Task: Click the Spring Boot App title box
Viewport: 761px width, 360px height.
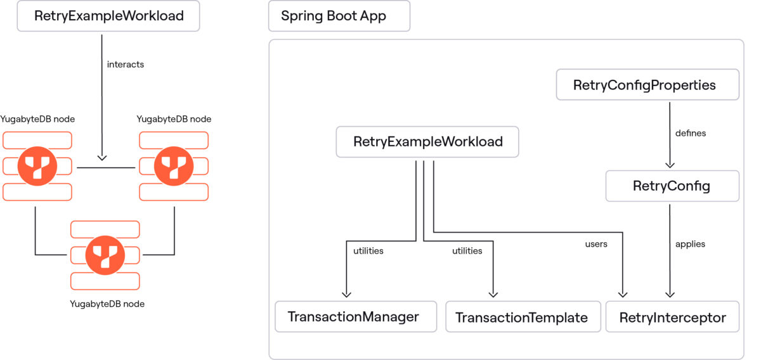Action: click(339, 16)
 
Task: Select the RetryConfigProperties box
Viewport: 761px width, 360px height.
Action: click(647, 85)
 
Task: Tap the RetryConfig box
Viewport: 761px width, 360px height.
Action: click(672, 186)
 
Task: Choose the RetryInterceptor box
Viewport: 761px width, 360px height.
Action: click(672, 317)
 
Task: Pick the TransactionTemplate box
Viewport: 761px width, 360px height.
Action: click(522, 317)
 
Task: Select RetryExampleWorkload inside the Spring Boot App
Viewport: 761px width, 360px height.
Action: click(427, 142)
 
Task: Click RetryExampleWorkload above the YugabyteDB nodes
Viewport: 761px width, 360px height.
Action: click(108, 16)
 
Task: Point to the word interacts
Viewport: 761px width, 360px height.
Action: click(125, 64)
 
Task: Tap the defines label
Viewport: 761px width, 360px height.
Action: click(691, 133)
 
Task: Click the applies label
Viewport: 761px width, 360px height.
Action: click(690, 243)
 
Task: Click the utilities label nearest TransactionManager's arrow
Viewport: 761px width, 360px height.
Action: click(368, 251)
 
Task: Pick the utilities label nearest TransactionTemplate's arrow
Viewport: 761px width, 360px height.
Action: click(467, 251)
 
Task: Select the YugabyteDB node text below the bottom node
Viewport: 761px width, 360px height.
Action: click(107, 304)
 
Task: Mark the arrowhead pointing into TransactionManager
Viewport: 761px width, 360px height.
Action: click(346, 293)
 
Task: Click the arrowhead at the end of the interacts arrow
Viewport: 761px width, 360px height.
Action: click(101, 157)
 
